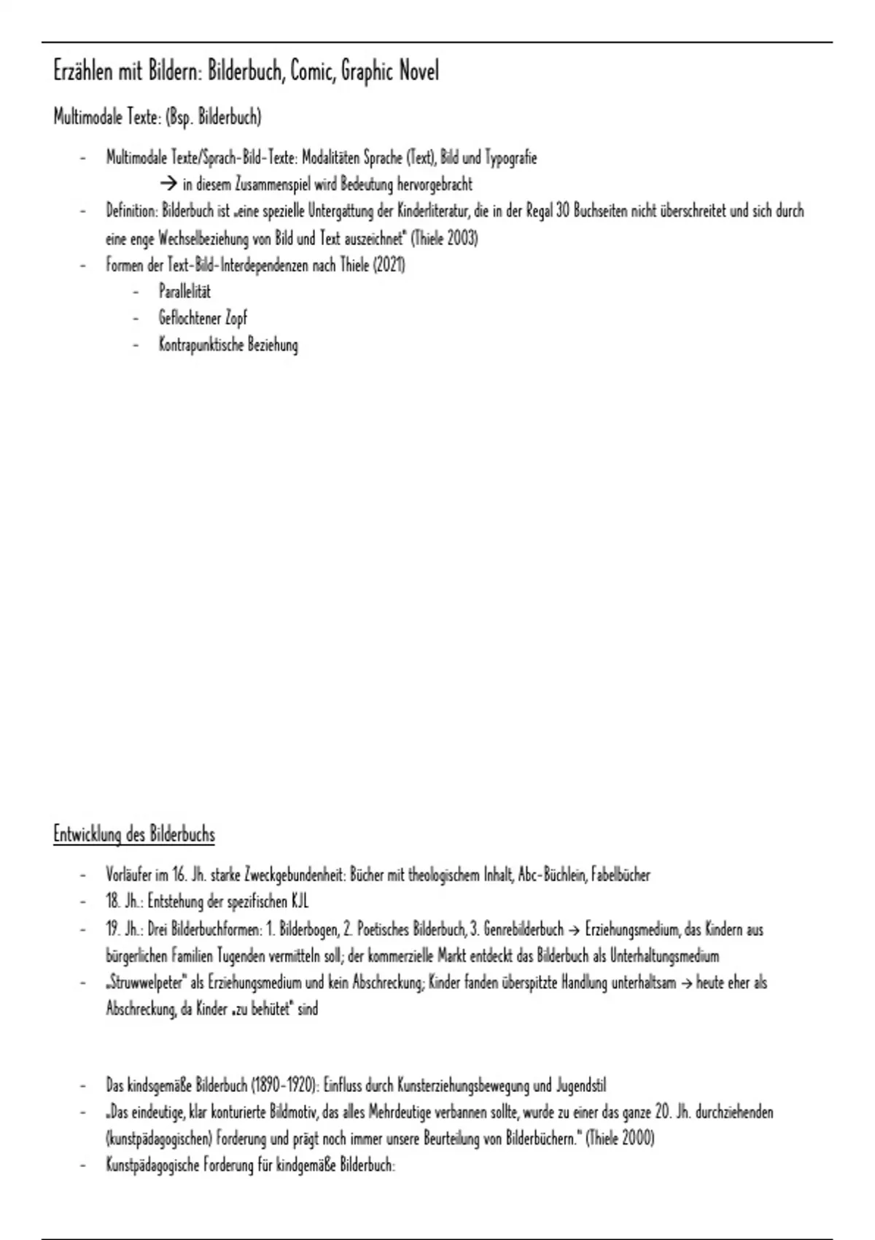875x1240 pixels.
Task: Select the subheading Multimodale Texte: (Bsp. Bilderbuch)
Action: pos(157,117)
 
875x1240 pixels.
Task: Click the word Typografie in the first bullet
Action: pos(510,158)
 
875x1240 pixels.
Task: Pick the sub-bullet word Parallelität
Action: pos(184,292)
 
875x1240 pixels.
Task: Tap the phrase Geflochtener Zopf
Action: pos(203,318)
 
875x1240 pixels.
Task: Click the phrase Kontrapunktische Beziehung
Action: pos(228,345)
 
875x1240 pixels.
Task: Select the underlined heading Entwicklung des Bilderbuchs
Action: pos(134,834)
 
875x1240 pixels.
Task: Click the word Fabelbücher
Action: pos(621,875)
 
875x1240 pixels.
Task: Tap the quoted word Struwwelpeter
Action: pos(147,983)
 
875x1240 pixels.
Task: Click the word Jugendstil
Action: pos(580,1085)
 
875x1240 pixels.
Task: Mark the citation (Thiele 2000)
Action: pos(620,1139)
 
